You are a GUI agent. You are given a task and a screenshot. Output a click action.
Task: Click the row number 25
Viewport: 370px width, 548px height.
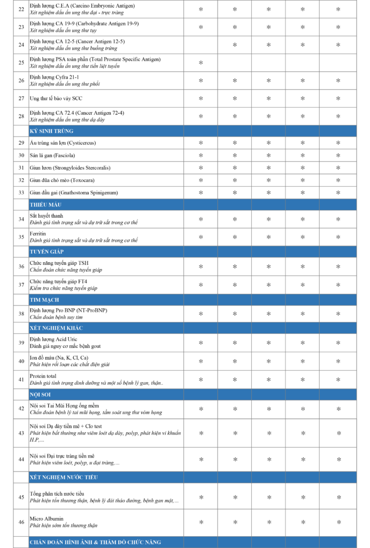coord(21,63)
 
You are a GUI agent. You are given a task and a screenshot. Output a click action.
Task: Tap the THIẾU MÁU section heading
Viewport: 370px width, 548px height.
coord(46,204)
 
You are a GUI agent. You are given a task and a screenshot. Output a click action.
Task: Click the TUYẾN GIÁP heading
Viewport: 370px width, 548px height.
coord(47,252)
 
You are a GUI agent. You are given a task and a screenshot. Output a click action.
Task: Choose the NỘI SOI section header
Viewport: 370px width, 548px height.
coord(41,394)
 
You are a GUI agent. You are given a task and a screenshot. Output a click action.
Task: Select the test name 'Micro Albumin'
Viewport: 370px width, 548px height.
coord(47,518)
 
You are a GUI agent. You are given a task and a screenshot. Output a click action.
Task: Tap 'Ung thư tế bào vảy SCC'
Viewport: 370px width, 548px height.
coord(56,98)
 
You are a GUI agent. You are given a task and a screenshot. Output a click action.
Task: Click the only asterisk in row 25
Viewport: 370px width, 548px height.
coord(201,63)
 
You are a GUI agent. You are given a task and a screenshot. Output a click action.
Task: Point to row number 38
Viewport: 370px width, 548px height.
coord(21,314)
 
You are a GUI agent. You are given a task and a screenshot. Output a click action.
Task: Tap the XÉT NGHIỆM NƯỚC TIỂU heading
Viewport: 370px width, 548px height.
coord(64,477)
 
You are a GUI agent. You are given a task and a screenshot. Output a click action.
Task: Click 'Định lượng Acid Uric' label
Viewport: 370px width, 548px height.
coord(53,339)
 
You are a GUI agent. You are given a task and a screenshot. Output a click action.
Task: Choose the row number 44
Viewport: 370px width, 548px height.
coord(21,459)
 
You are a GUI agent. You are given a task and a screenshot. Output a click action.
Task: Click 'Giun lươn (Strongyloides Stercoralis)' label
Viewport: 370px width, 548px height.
coord(70,168)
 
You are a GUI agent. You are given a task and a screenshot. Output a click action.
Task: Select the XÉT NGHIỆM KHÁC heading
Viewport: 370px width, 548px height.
coord(56,328)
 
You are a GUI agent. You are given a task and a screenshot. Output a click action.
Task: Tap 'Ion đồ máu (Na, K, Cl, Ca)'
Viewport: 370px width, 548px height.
coord(59,357)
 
